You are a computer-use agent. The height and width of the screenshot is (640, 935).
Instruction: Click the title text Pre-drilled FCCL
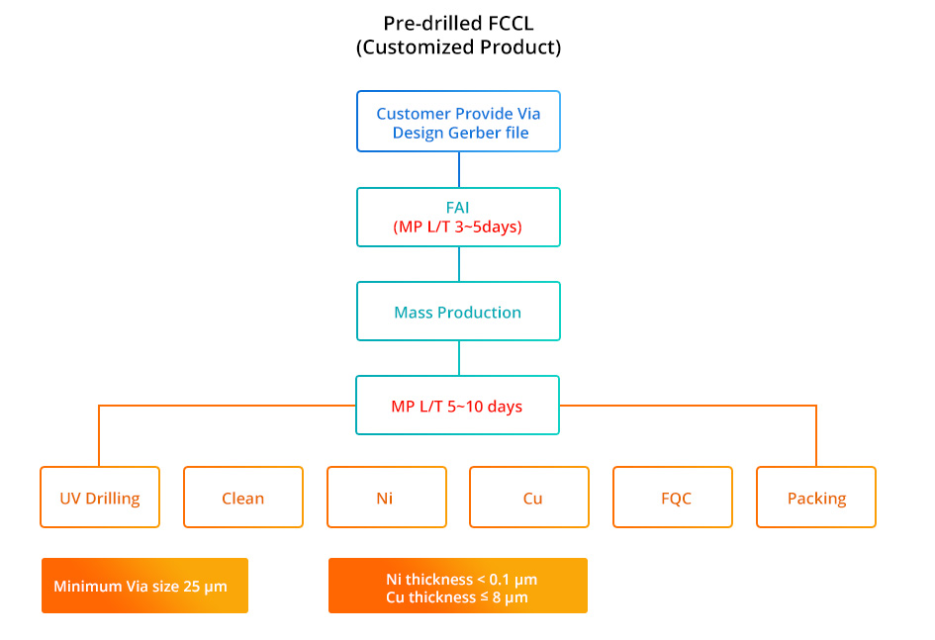click(x=458, y=23)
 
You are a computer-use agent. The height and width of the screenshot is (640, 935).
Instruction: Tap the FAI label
click(x=457, y=208)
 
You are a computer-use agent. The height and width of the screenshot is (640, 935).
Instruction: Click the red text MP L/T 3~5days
click(x=457, y=228)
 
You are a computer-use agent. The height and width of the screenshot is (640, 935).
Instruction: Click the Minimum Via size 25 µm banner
click(x=144, y=586)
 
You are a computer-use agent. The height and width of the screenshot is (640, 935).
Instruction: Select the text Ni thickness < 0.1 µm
click(x=461, y=580)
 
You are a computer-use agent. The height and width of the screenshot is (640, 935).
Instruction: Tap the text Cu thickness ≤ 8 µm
click(x=457, y=597)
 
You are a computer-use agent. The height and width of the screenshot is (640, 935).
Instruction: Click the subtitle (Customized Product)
click(x=458, y=47)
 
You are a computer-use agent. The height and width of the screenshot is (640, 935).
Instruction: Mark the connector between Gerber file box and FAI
click(x=458, y=170)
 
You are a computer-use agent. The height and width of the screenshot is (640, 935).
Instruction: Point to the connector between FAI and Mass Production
click(x=458, y=264)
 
